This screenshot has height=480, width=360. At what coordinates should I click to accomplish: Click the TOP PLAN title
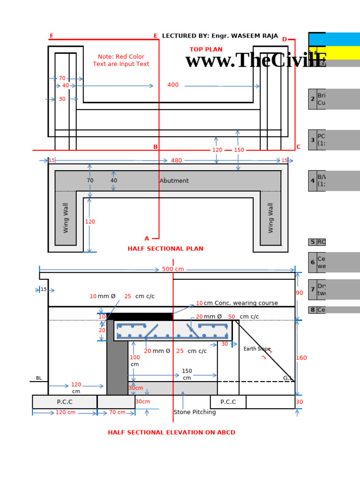[206, 50]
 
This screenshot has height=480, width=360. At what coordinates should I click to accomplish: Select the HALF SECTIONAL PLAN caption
[165, 249]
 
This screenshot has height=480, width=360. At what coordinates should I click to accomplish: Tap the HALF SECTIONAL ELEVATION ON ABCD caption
[172, 433]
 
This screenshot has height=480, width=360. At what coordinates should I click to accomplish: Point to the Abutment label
[174, 181]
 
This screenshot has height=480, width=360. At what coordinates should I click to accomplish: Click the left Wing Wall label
[66, 218]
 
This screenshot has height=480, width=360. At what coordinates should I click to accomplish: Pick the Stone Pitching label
[195, 412]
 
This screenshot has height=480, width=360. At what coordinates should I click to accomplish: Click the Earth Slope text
[257, 349]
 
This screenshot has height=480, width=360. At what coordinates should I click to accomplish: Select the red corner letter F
[51, 36]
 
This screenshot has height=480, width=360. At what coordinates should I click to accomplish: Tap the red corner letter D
[284, 39]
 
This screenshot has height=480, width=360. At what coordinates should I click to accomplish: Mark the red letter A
[147, 239]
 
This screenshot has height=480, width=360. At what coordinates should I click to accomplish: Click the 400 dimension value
[173, 85]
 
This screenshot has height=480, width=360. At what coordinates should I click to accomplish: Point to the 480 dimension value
[176, 160]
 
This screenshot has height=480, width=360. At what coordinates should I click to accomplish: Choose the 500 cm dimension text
[173, 269]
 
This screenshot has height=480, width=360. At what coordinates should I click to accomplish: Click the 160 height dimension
[301, 358]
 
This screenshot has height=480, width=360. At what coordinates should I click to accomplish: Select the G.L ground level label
[287, 378]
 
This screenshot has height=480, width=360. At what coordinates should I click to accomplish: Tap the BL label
[39, 378]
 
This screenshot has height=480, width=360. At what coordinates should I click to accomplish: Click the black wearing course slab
[140, 316]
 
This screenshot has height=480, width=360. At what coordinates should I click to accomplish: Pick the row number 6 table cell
[313, 262]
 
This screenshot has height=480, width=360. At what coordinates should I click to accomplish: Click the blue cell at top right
[334, 39]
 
